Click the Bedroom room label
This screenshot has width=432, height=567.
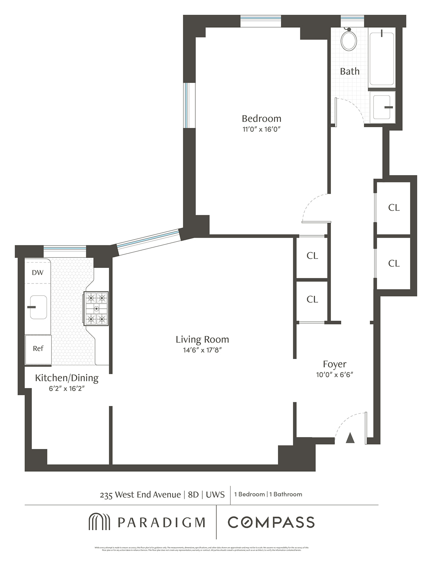pos(261,118)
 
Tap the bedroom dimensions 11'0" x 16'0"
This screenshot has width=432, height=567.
pos(261,129)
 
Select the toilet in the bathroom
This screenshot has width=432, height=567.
pos(349,40)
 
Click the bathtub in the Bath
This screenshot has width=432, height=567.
pos(381,59)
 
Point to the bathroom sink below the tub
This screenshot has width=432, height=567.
pos(382,107)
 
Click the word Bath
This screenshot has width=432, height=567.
pos(349,72)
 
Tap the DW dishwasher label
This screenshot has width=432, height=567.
pos(38,273)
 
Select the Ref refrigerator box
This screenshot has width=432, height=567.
pos(38,349)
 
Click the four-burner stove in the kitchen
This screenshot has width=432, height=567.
pos(96,308)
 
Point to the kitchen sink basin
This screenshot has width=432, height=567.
pos(38,307)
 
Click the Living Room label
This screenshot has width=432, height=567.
pos(202,339)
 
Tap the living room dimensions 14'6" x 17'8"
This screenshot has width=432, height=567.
pos(202,350)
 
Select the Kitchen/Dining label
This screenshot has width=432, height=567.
pos(67,378)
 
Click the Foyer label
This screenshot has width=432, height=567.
pos(335,364)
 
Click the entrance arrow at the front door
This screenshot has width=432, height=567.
pos(350,438)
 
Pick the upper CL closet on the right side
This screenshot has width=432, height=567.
pos(394,208)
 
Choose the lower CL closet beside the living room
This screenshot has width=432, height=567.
pos(312,299)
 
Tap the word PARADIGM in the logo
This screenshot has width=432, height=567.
pos(161,522)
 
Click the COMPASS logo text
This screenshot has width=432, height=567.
pos(271,522)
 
